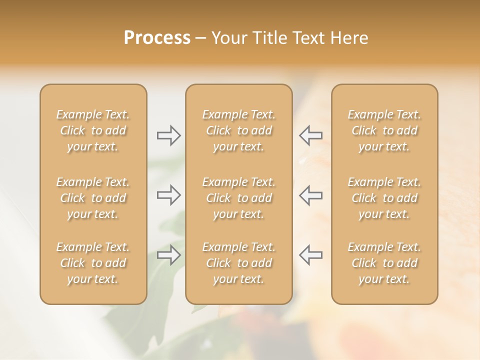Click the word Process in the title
pos(157,38)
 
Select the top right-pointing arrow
pos(168,135)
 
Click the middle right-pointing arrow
pos(168,195)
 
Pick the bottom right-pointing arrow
pos(168,255)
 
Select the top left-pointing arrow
pos(310,135)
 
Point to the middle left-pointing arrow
pos(310,195)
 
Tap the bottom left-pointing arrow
pos(310,255)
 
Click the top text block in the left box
pos(93,130)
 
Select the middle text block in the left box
pos(93,198)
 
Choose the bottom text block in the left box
pos(93,263)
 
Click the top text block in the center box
pos(238,130)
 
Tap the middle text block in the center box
pos(238,198)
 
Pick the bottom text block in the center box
pos(238,263)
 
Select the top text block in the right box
pos(384,130)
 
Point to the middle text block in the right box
pos(384,198)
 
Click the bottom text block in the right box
pos(384,263)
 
